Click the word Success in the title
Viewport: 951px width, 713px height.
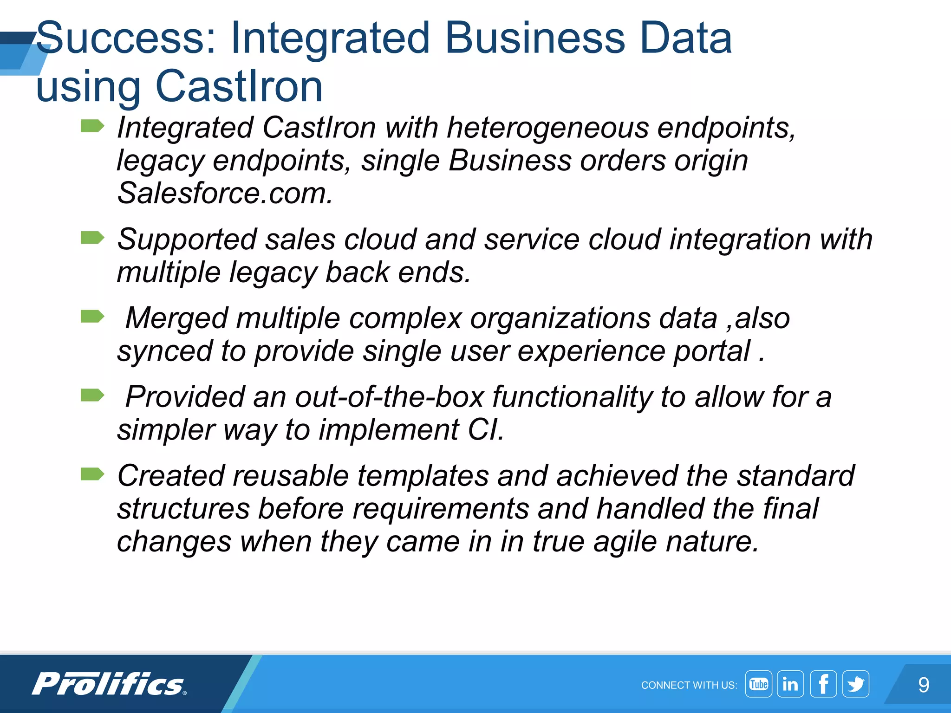pyautogui.click(x=125, y=38)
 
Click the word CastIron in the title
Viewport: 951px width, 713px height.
pyautogui.click(x=239, y=86)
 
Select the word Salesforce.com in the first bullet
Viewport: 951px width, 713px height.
pyautogui.click(x=225, y=193)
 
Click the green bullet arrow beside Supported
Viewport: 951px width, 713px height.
pyautogui.click(x=92, y=238)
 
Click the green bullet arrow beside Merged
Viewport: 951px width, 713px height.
pyautogui.click(x=92, y=317)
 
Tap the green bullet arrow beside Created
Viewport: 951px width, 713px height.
pyautogui.click(x=92, y=474)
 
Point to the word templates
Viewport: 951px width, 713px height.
pyautogui.click(x=423, y=476)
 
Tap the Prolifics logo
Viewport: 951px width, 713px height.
pyautogui.click(x=109, y=684)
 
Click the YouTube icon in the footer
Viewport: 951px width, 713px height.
pyautogui.click(x=758, y=684)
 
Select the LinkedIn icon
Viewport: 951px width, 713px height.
pyautogui.click(x=790, y=684)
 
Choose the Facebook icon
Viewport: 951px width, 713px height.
pyautogui.click(x=823, y=684)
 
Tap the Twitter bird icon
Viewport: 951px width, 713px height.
pyautogui.click(x=855, y=684)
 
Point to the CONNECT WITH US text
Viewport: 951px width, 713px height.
pyautogui.click(x=689, y=685)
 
